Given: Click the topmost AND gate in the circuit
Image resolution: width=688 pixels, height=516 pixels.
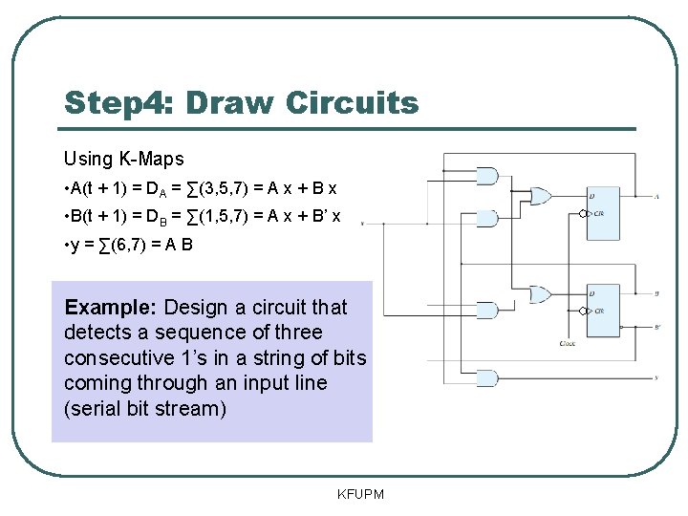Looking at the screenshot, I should coord(487,176).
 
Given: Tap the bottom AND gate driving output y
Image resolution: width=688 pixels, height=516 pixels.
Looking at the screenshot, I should coord(487,377).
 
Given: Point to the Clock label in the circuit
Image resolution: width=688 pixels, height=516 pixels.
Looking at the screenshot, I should coord(568,343).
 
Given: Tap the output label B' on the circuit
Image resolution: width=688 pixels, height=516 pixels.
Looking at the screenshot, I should coord(658,327).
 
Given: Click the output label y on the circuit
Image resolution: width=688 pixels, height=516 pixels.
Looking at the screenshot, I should coord(658,378).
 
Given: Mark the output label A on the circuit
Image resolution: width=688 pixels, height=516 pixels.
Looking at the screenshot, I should coord(658,197).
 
